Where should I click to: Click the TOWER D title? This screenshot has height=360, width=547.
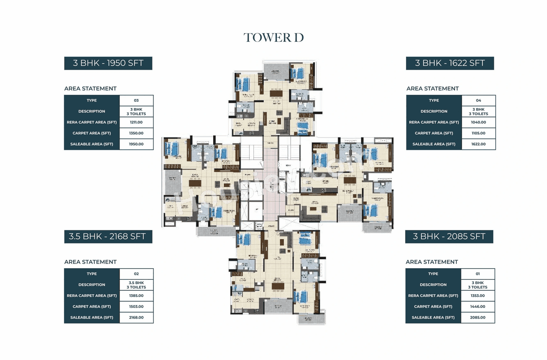click(273, 38)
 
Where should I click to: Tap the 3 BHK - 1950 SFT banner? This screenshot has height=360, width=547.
click(108, 63)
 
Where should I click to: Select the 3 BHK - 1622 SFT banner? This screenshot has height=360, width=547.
click(450, 63)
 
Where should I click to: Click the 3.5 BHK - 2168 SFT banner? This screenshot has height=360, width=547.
click(108, 237)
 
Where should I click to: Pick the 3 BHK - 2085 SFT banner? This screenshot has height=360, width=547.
click(449, 237)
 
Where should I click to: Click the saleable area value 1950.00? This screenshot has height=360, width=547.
click(136, 144)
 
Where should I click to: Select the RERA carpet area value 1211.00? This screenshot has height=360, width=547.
click(136, 122)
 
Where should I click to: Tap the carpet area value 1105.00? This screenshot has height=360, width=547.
click(478, 133)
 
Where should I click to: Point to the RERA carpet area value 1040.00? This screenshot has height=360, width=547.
click(478, 122)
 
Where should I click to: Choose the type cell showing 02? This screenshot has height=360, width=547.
click(136, 274)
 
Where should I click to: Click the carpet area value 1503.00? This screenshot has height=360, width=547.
click(136, 307)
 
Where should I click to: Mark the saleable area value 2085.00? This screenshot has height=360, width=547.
click(478, 318)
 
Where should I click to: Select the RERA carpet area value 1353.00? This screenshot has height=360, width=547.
click(478, 296)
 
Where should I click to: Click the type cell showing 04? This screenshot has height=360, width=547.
click(478, 100)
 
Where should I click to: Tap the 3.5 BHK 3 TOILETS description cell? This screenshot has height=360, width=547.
click(136, 285)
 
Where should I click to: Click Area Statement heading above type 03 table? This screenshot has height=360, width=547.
click(90, 88)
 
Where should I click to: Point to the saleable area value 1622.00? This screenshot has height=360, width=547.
click(478, 144)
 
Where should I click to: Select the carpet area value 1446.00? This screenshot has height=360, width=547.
click(478, 307)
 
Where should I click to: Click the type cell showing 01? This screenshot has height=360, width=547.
click(478, 274)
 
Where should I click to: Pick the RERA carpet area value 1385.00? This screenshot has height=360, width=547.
click(136, 296)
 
